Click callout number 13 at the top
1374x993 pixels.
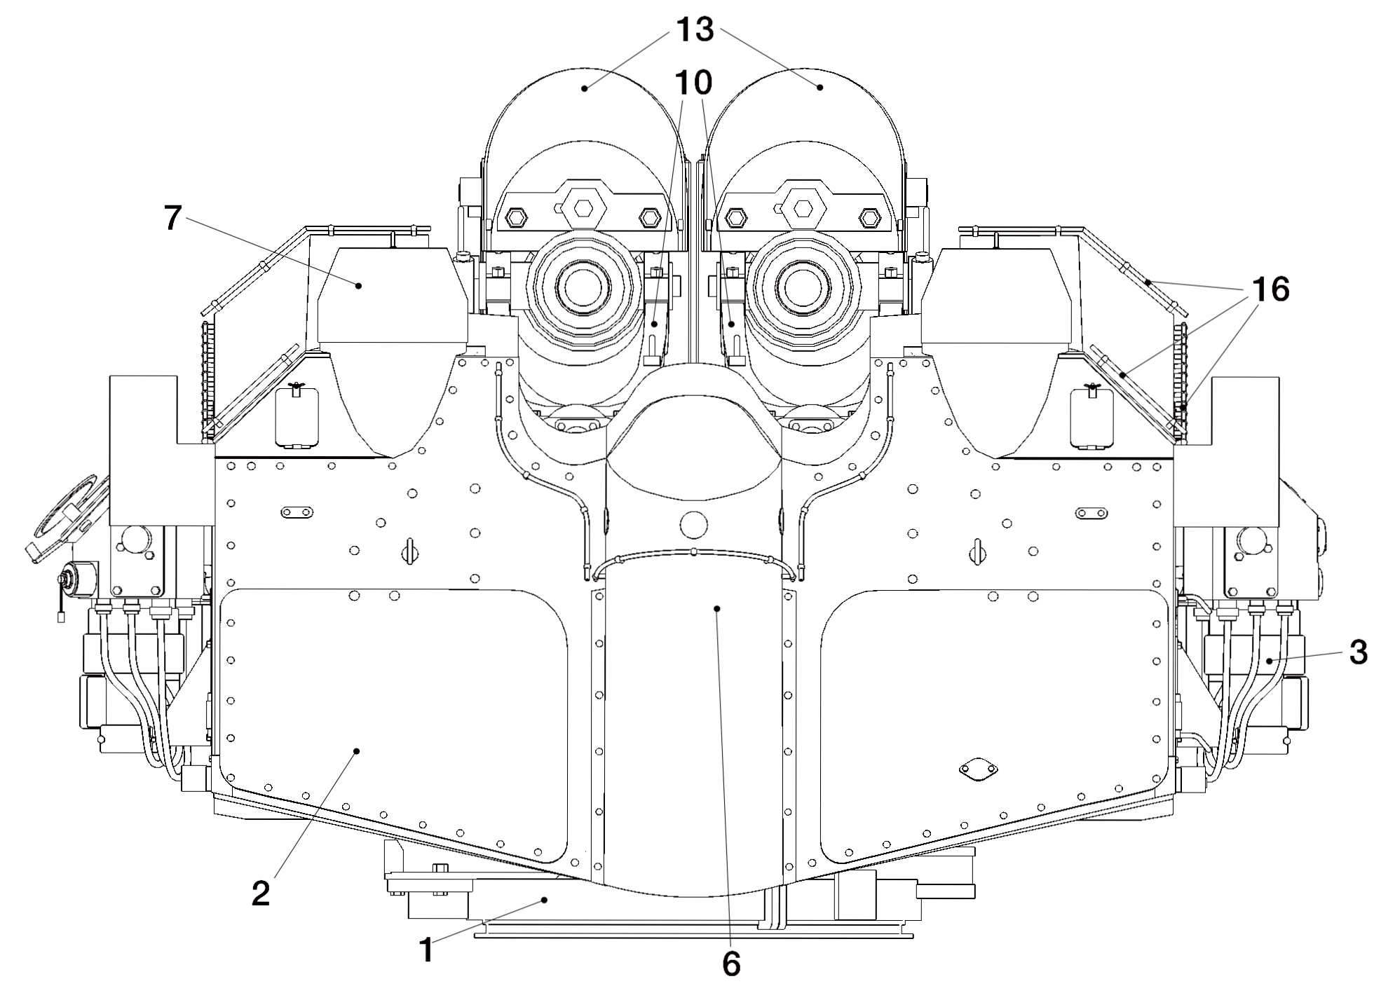pyautogui.click(x=695, y=29)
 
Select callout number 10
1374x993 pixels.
pyautogui.click(x=693, y=83)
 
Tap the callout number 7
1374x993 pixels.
pyautogui.click(x=173, y=219)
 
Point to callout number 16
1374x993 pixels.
pyautogui.click(x=1270, y=289)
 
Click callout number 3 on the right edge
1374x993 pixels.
pyautogui.click(x=1358, y=652)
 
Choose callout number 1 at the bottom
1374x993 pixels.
pyautogui.click(x=426, y=951)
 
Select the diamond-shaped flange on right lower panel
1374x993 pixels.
pyautogui.click(x=979, y=770)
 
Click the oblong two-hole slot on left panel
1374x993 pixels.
pyautogui.click(x=297, y=513)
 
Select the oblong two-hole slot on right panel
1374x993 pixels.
pyautogui.click(x=1094, y=513)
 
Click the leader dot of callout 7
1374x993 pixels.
pyautogui.click(x=358, y=285)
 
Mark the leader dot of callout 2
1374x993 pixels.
pyautogui.click(x=357, y=751)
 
